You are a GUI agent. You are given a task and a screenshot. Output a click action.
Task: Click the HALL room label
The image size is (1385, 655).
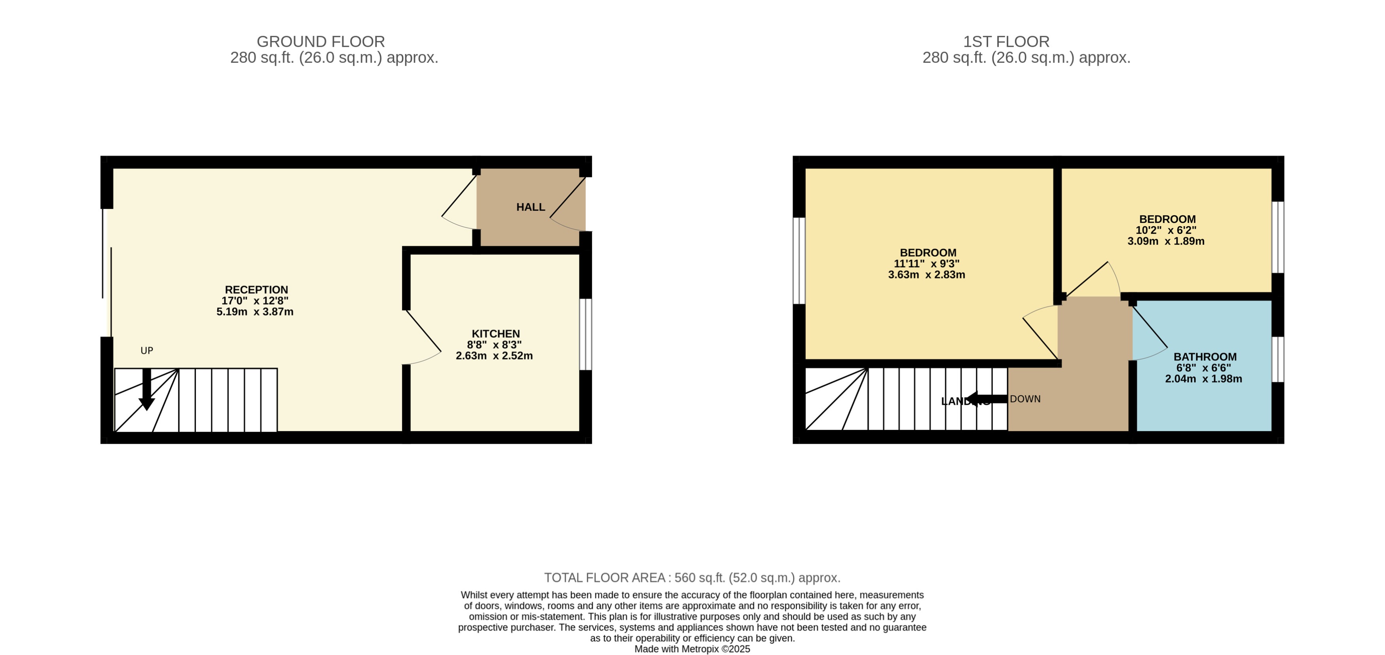point(530,207)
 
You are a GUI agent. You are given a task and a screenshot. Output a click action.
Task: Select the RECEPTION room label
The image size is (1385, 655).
point(256,290)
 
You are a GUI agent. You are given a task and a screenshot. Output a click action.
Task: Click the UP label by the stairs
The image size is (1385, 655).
point(147,351)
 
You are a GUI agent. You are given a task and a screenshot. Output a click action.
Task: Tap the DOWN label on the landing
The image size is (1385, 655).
point(1025,399)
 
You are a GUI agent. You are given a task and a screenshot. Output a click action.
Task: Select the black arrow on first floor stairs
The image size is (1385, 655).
point(985,399)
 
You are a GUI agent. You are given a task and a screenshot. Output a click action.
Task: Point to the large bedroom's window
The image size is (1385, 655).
point(799,261)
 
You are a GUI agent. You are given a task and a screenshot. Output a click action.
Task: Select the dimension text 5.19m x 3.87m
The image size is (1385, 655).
point(255,312)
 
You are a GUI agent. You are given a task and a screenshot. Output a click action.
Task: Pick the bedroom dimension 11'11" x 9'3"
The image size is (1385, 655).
point(926,264)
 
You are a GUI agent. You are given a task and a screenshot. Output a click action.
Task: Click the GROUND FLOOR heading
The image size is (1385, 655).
point(321,42)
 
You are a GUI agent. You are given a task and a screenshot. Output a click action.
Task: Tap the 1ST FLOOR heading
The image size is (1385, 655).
point(1006,42)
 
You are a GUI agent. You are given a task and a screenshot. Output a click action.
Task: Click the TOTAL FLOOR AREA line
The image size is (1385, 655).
point(692,577)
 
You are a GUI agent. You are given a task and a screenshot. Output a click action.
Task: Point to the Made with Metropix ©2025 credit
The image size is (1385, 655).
point(692,649)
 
